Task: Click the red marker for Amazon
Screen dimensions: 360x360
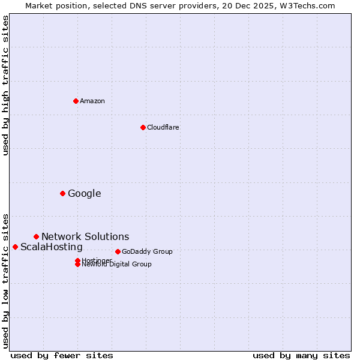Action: (x=76, y=101)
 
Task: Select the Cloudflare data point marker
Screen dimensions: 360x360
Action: (x=143, y=127)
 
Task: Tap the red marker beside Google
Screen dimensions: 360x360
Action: (x=62, y=193)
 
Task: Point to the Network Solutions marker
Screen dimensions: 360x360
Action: (x=36, y=236)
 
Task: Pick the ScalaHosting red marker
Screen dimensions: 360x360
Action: (x=15, y=247)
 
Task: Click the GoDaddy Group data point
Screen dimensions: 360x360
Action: (x=118, y=251)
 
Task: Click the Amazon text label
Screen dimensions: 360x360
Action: (x=92, y=101)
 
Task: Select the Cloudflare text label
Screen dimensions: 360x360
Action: (x=163, y=127)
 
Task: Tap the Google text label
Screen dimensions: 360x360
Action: (x=84, y=193)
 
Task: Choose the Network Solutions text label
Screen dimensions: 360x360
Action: (x=85, y=236)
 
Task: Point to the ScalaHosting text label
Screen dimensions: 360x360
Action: (x=52, y=247)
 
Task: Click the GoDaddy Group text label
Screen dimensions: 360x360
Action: (x=147, y=251)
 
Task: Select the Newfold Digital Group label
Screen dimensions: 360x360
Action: (x=117, y=265)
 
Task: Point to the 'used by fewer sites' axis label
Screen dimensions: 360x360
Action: (x=62, y=355)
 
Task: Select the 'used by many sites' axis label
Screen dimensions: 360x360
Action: (x=301, y=355)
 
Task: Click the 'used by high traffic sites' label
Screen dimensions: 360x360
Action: (x=5, y=85)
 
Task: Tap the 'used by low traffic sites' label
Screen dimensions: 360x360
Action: (x=5, y=280)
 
